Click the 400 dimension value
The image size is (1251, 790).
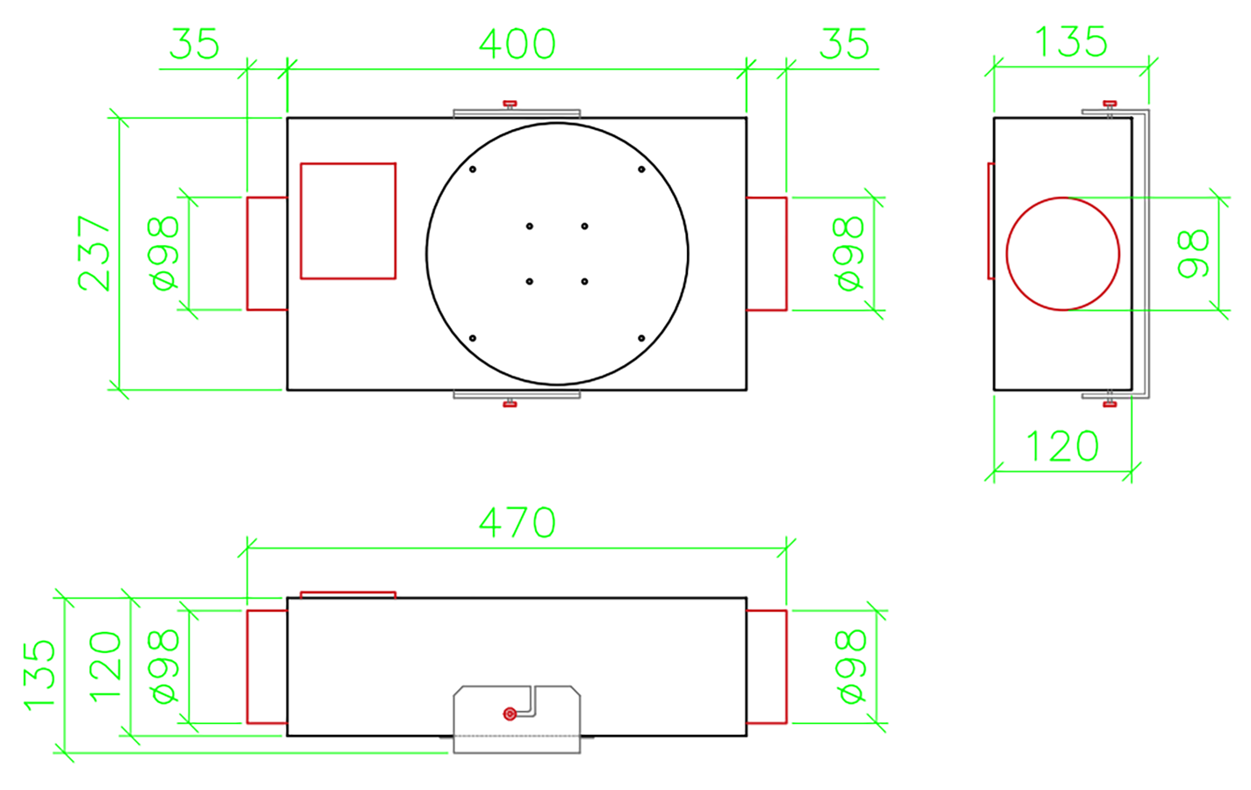(517, 44)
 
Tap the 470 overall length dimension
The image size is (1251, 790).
(517, 522)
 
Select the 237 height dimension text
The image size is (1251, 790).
(94, 253)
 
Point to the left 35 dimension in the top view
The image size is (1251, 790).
(195, 44)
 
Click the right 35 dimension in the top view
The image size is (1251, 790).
(844, 44)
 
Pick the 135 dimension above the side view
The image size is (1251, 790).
(1070, 41)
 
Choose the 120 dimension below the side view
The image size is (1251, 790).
(1062, 446)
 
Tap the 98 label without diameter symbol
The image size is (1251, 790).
(1193, 253)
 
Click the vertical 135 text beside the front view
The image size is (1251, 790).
(39, 675)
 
